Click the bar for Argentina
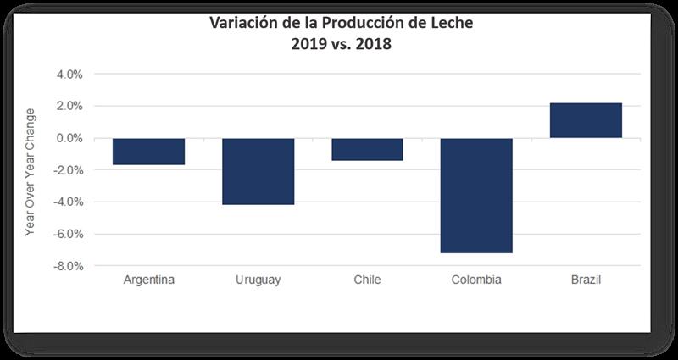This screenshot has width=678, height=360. pos(148,151)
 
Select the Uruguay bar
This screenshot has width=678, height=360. pos(258,171)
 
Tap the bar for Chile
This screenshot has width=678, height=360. pos(367,149)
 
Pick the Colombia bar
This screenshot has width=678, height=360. pos(476,195)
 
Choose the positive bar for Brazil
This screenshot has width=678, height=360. pos(586,120)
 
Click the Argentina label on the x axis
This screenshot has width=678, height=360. pos(149,280)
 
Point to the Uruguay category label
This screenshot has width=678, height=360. pos(258,280)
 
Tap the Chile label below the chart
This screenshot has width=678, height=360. pos(367,280)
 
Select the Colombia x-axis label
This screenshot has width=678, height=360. pos(476,280)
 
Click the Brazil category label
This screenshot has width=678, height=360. pos(586,280)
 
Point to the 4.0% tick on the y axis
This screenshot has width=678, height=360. pos(69,75)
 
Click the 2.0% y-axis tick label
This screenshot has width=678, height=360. pos(69,106)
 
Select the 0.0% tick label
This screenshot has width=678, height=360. pos(69,138)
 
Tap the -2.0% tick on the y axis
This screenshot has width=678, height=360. pos(68,170)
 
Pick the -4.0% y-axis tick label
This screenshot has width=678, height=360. pos(68,202)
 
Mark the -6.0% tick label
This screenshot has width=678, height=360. pos(68,234)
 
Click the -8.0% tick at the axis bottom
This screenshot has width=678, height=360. pos(68,266)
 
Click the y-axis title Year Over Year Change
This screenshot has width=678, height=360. pos(31,171)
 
